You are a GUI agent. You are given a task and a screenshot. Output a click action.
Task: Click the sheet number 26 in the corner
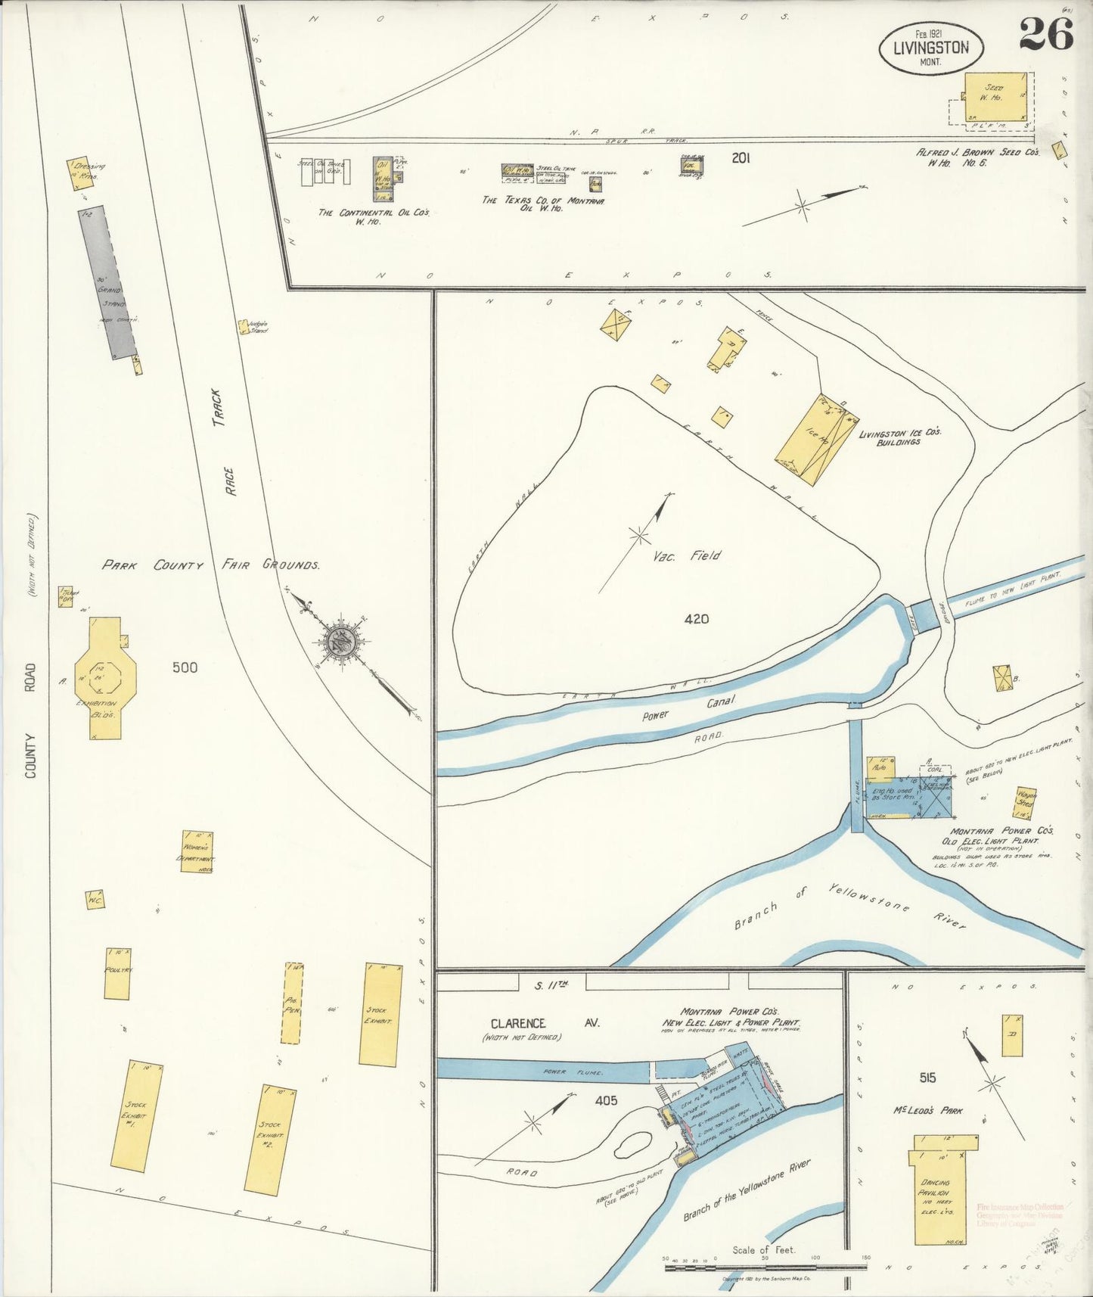click(x=1045, y=34)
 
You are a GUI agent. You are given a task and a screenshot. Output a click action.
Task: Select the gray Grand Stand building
click(x=108, y=282)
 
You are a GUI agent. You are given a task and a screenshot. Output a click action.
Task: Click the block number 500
click(x=185, y=667)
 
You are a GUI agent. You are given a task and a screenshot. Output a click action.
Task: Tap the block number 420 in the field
click(x=696, y=619)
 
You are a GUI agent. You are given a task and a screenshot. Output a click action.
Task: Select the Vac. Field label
click(x=687, y=555)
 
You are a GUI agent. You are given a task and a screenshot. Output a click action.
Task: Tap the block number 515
click(x=927, y=1078)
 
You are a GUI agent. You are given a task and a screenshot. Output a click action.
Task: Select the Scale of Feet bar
click(x=764, y=1267)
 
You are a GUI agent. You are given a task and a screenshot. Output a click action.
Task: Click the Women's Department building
click(x=197, y=851)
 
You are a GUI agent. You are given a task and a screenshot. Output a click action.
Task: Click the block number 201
click(x=740, y=158)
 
